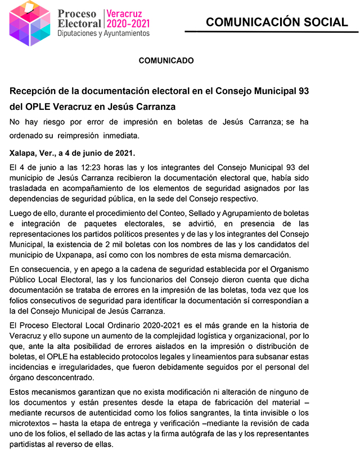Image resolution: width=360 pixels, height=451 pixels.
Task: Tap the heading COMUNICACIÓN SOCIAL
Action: click(277, 23)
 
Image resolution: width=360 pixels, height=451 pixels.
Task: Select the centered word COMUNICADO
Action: click(166, 60)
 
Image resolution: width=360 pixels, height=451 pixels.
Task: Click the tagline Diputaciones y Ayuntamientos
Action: click(103, 34)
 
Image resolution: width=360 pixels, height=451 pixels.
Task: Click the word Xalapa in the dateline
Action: click(23, 153)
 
